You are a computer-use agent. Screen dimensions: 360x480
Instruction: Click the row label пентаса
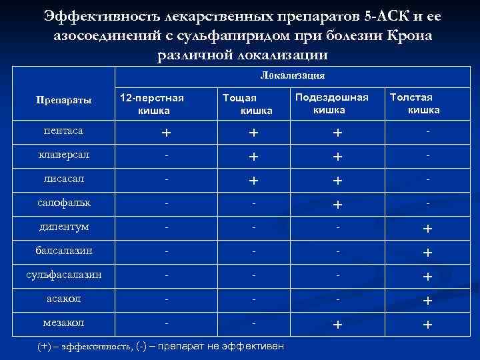pyautogui.click(x=56, y=131)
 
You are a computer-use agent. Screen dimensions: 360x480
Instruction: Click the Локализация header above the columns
pyautogui.click(x=293, y=75)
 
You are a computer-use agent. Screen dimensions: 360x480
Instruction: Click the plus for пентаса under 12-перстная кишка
pyautogui.click(x=165, y=133)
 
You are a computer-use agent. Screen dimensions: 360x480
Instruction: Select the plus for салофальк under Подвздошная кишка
pyautogui.click(x=339, y=205)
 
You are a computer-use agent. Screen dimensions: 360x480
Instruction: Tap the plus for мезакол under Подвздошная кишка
pyautogui.click(x=339, y=325)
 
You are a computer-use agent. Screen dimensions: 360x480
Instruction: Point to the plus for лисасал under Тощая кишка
pyautogui.click(x=253, y=181)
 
